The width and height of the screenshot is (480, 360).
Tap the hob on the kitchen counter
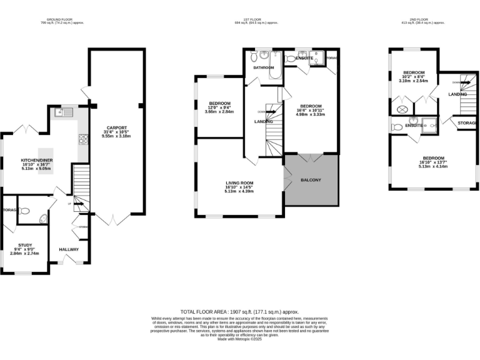pos(82,139)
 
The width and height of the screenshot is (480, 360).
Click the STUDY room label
pos(25,245)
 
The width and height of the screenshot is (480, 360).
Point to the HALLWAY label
pos(69,249)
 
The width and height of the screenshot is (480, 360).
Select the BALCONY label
pos(311,180)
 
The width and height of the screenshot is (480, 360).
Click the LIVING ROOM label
pos(239,182)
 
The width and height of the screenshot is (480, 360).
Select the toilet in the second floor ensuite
pos(397,127)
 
